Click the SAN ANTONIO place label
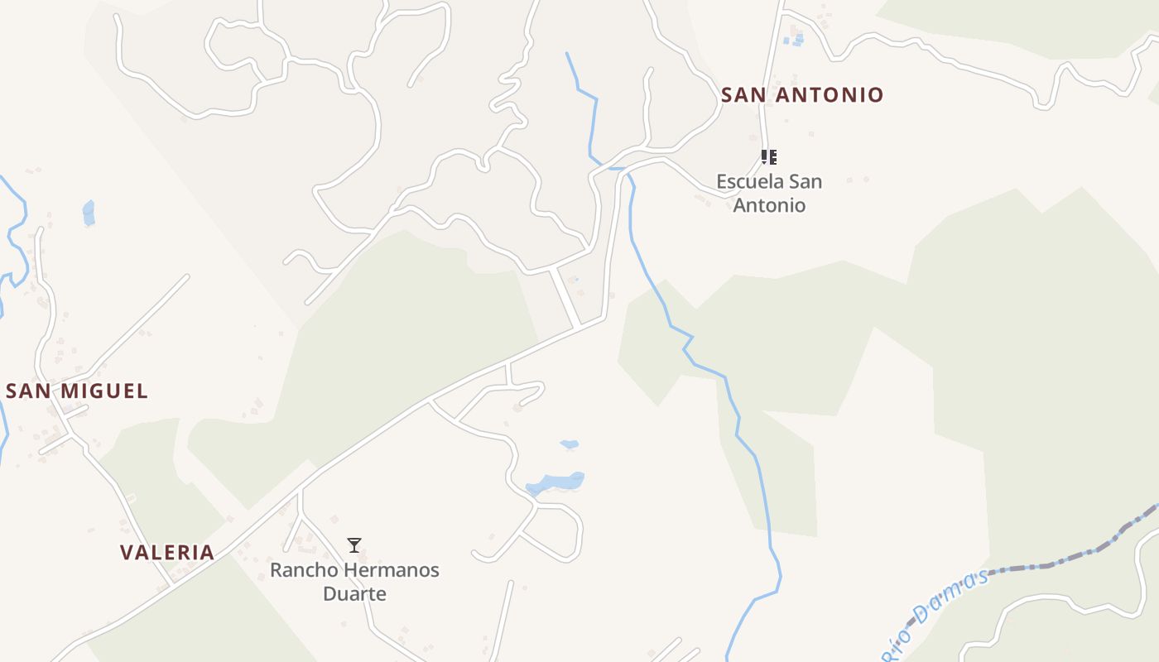802,95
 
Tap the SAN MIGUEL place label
77,391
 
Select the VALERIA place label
167,553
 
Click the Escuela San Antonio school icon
769,156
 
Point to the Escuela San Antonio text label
769,193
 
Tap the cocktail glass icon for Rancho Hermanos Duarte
354,545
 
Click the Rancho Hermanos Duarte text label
354,582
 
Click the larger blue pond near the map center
555,482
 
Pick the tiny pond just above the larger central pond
570,444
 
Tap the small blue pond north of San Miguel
89,213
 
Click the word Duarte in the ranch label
354,594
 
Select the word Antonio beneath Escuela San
769,205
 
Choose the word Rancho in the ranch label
304,570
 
